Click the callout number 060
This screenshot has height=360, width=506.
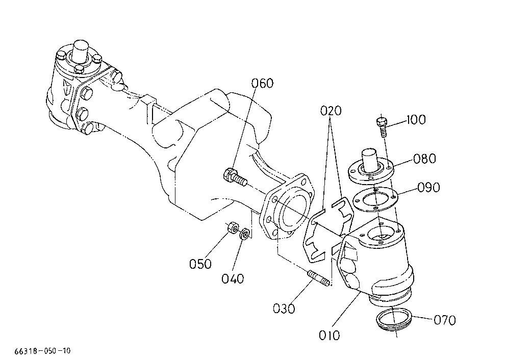click(x=262, y=83)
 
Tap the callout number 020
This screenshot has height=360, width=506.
click(x=331, y=111)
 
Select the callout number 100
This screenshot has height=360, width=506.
click(x=416, y=120)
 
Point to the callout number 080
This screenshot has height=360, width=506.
click(x=425, y=159)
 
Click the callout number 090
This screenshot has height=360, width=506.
click(x=428, y=188)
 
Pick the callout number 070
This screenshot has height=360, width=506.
click(x=445, y=320)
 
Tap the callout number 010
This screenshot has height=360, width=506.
click(x=330, y=336)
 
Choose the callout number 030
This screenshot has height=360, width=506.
click(x=284, y=308)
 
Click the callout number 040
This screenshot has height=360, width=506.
click(x=233, y=278)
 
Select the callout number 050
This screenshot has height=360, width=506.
click(x=200, y=264)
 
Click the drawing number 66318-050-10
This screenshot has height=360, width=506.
click(x=42, y=351)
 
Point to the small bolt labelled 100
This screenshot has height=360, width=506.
click(x=382, y=127)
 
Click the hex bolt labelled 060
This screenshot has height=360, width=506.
click(x=235, y=177)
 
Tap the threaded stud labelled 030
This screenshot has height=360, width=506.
click(x=318, y=278)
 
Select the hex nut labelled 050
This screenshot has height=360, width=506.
click(x=233, y=227)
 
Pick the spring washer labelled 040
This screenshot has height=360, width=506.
click(x=245, y=234)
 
